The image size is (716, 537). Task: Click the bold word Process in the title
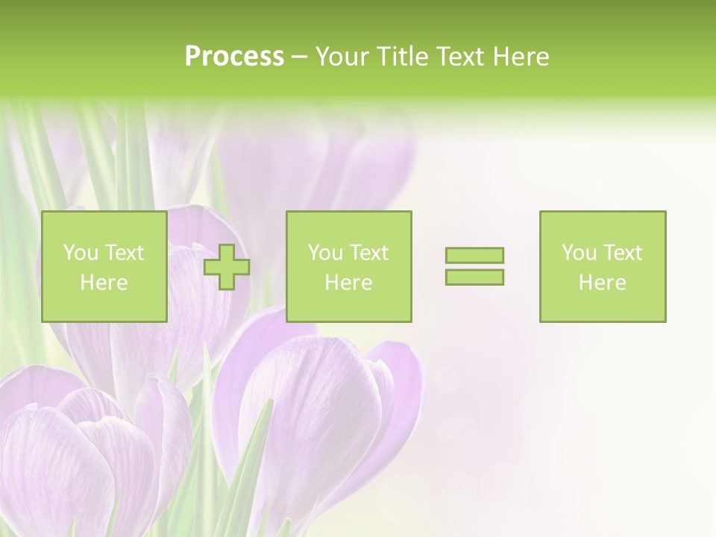[x=234, y=57]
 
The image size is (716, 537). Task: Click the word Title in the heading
[x=403, y=57]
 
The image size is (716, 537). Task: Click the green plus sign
[x=227, y=266]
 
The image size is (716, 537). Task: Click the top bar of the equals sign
[x=474, y=255]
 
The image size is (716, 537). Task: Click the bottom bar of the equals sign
[x=474, y=277]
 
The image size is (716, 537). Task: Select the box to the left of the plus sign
[x=104, y=266]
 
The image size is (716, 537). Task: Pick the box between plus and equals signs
[x=348, y=266]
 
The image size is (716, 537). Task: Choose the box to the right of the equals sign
[x=602, y=266]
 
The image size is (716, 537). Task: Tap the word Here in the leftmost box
[x=104, y=283]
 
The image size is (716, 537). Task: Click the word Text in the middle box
[x=368, y=253]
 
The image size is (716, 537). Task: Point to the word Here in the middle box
[x=348, y=283]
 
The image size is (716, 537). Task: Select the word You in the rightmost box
[x=579, y=253]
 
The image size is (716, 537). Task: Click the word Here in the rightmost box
[x=602, y=283]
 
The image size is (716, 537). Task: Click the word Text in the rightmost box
[x=622, y=253]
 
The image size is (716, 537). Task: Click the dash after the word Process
[x=299, y=57]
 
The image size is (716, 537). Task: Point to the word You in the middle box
[x=325, y=253]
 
